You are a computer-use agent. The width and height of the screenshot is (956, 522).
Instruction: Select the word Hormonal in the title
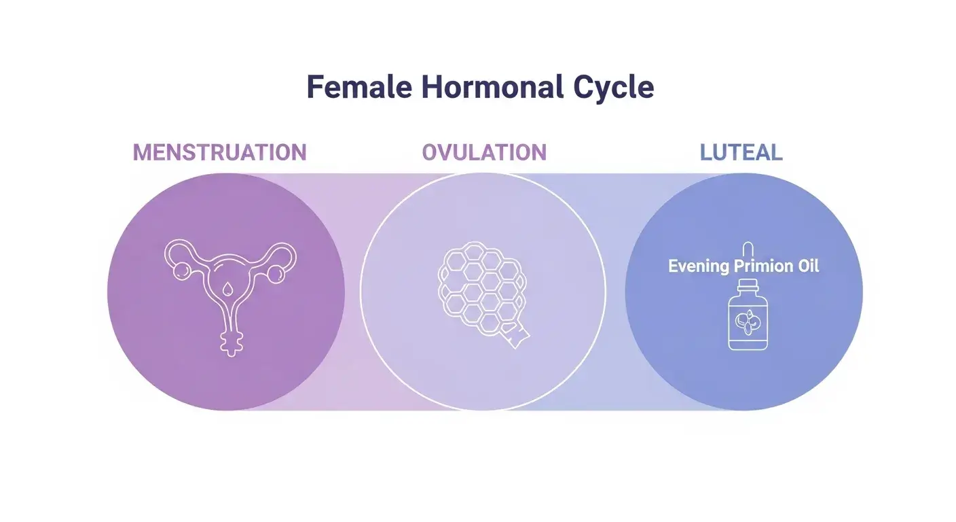[x=492, y=88]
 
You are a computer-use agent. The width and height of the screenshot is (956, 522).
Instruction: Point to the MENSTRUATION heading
[x=219, y=152]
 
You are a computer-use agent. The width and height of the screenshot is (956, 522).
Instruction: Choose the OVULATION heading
[x=484, y=152]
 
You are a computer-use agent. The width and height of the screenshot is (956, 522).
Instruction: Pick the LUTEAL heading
[x=741, y=152]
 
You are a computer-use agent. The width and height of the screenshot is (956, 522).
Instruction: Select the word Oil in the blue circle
[x=806, y=266]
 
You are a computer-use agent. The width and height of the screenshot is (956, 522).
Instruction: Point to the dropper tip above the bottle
[x=748, y=247]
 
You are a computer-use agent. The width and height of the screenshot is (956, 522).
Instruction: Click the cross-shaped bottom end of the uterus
[x=231, y=343]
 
